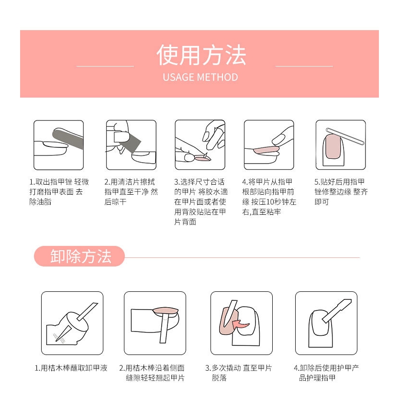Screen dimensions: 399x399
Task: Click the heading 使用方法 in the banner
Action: [200, 55]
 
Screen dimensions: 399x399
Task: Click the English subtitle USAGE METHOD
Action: [200, 77]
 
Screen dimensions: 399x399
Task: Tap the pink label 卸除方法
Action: [80, 256]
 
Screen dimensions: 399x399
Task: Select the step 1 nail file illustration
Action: [58, 144]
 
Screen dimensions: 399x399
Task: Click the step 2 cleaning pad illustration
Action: [131, 144]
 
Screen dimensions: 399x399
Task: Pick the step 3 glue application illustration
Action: [199, 144]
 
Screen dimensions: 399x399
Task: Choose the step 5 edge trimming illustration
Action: [340, 144]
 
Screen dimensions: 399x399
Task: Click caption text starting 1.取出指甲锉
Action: [59, 192]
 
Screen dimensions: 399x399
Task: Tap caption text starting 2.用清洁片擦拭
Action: [131, 192]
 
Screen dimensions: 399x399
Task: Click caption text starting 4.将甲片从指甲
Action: [269, 197]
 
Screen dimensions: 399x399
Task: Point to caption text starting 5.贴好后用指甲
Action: [341, 192]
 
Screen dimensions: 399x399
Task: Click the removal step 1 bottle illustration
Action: [72, 323]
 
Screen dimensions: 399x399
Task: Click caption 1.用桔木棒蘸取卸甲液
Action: [71, 368]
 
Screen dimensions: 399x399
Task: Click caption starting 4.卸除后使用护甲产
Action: [326, 373]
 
